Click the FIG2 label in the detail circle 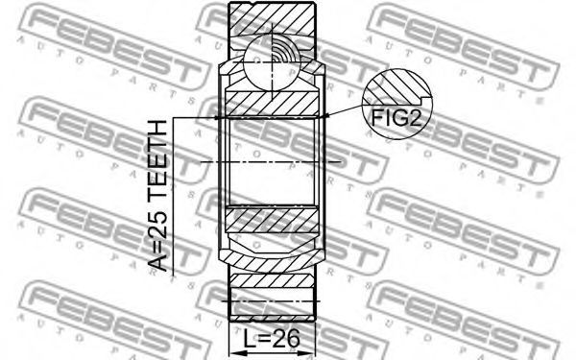396,118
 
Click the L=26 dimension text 272,338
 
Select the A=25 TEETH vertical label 158,196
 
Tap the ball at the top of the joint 272,62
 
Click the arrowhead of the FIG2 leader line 324,117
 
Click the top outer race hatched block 272,19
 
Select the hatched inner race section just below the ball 272,103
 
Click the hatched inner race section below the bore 272,221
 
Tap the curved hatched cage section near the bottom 272,260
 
